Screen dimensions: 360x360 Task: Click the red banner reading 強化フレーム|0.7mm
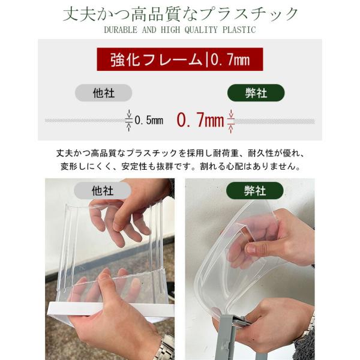pyautogui.click(x=180, y=59)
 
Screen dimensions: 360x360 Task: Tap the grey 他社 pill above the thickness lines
pyautogui.click(x=104, y=93)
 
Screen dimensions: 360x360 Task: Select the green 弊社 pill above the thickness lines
pyautogui.click(x=256, y=93)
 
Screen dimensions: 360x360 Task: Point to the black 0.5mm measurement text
pyautogui.click(x=149, y=121)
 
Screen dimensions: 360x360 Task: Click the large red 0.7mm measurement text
pyautogui.click(x=200, y=120)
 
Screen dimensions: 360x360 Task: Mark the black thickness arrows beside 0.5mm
pyautogui.click(x=129, y=121)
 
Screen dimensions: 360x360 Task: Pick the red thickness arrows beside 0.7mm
pyautogui.click(x=231, y=121)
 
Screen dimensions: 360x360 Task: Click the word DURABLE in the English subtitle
pyautogui.click(x=121, y=30)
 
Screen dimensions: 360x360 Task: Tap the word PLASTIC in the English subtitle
pyautogui.click(x=239, y=30)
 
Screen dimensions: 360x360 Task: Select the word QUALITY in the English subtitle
pyautogui.click(x=201, y=30)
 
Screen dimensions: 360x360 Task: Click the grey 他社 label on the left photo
pyautogui.click(x=103, y=191)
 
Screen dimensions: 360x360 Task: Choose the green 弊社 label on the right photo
pyautogui.click(x=255, y=191)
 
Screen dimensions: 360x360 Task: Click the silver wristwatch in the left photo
pyautogui.click(x=165, y=347)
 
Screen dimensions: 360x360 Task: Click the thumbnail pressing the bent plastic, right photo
pyautogui.click(x=251, y=249)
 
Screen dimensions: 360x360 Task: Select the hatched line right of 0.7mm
pyautogui.click(x=275, y=121)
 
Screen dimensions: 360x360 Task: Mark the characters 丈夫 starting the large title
pyautogui.click(x=79, y=14)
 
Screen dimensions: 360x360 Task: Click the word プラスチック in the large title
pyautogui.click(x=248, y=14)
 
